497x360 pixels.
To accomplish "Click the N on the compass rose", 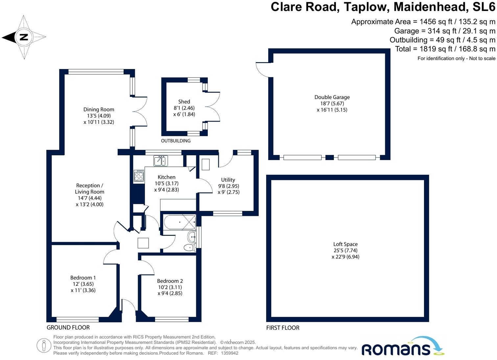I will [x=24, y=37].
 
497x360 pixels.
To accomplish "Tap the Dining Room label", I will [x=99, y=110].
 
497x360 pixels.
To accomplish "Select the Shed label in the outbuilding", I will [x=184, y=102].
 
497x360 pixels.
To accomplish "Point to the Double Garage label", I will [x=332, y=97].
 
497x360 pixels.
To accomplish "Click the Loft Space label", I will [x=345, y=244].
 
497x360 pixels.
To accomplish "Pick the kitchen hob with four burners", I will [x=139, y=176].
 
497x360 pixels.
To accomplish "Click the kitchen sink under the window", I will [x=161, y=161].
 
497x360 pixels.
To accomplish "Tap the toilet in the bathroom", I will [x=190, y=247].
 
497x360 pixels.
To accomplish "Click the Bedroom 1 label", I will [x=83, y=278].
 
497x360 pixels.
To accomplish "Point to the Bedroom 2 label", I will [x=170, y=281].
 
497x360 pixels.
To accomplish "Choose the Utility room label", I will [x=228, y=180].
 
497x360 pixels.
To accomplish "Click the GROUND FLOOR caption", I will [x=68, y=327].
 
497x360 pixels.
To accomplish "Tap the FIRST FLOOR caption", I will [x=283, y=328].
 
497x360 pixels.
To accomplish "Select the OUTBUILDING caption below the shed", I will [x=176, y=141].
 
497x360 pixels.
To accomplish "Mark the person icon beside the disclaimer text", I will [x=44, y=346].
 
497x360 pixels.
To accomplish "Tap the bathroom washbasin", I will [x=192, y=236].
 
